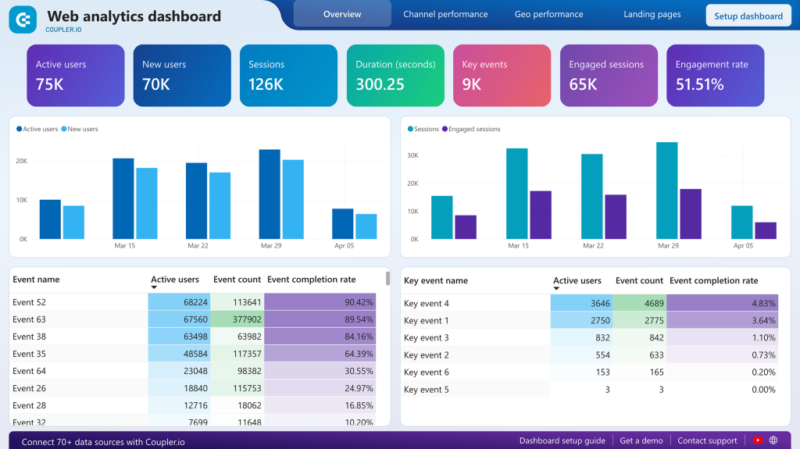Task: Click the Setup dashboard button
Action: click(x=748, y=16)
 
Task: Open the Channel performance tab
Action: click(x=445, y=14)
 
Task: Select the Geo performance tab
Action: click(x=548, y=14)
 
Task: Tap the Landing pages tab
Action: click(x=652, y=14)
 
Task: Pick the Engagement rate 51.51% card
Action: click(x=715, y=75)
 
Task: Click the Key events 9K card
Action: click(x=502, y=75)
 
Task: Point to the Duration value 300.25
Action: click(x=380, y=84)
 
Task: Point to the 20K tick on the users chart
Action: click(x=22, y=161)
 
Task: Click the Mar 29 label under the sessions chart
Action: click(x=668, y=245)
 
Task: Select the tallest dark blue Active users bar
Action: click(x=270, y=194)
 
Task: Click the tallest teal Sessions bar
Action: click(x=666, y=190)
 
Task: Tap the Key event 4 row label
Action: click(x=426, y=303)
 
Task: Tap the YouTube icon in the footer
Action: click(x=757, y=440)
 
